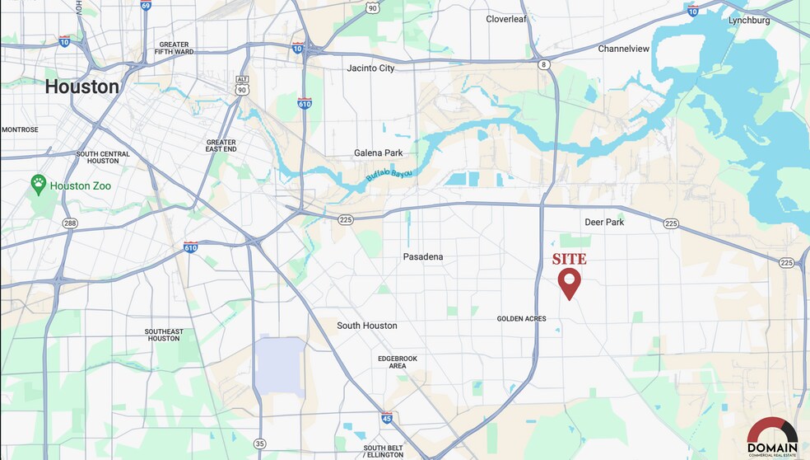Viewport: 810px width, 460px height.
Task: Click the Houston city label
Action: coord(81,87)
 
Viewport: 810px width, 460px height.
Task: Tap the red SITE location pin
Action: coord(569,282)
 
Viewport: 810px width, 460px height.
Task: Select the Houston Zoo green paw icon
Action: coord(38,185)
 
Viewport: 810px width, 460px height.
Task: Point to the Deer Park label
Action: coord(604,223)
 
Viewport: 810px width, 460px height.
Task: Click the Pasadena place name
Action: coord(423,257)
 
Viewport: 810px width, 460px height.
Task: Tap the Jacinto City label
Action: coord(370,68)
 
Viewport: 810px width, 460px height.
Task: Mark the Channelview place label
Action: coord(623,49)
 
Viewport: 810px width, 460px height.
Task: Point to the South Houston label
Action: coord(367,326)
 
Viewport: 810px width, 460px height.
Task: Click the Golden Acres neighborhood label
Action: coord(522,319)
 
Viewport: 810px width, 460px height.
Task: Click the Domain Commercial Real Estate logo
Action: coord(771,435)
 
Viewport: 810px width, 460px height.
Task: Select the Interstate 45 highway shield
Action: coord(387,418)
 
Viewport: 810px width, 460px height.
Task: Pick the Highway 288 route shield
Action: coord(70,223)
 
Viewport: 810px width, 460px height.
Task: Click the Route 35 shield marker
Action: coord(260,444)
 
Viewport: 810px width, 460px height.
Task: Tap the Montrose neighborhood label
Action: coord(20,129)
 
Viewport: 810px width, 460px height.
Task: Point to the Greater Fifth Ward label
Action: coord(173,48)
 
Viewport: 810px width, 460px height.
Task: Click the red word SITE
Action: coord(569,259)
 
